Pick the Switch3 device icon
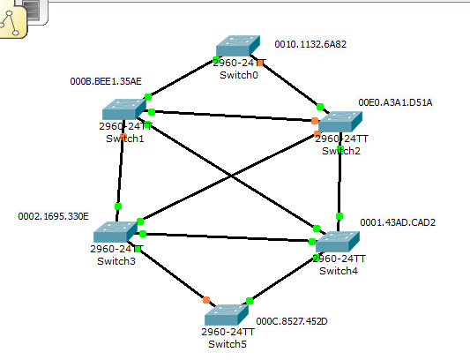tap(116, 232)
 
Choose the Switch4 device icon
tap(338, 241)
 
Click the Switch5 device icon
tap(228, 315)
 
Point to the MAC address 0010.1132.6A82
tap(310, 43)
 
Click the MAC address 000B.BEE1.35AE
tap(105, 81)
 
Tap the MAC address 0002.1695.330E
tap(54, 215)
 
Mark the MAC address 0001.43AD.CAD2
tap(398, 221)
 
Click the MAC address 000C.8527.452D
tap(292, 321)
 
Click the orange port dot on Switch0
tap(261, 63)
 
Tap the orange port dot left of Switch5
tap(206, 300)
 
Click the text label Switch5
tap(228, 343)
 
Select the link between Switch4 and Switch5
tap(283, 280)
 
